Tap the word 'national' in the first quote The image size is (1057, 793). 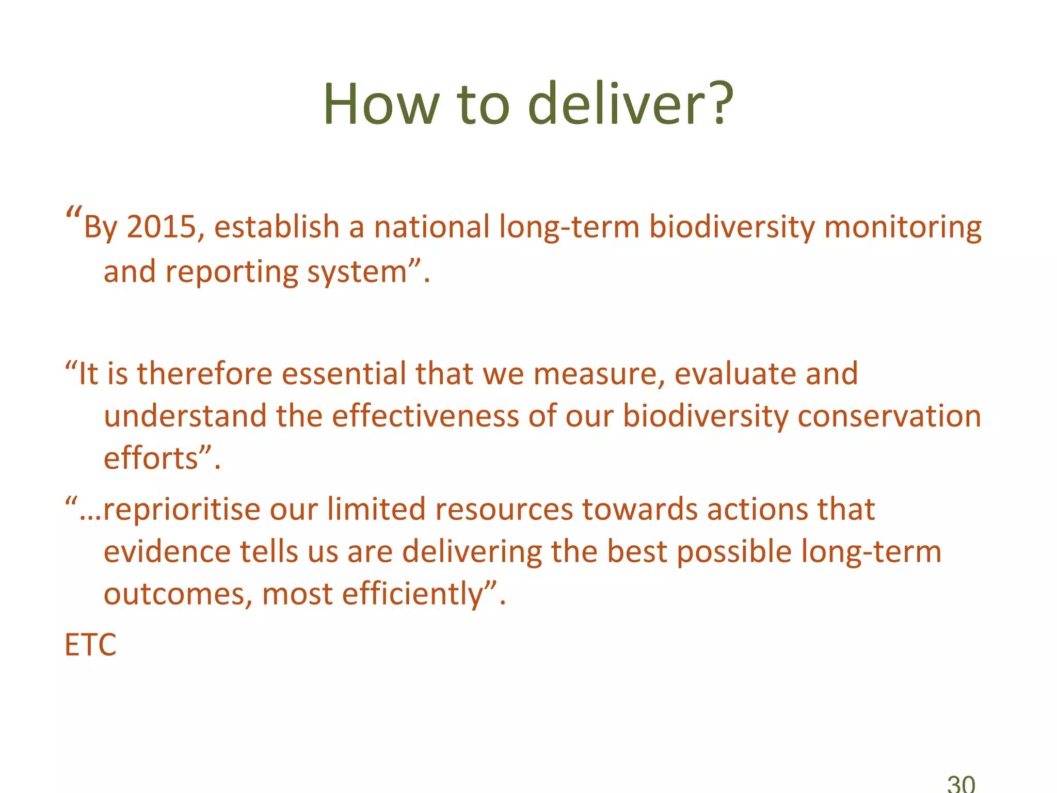pyautogui.click(x=431, y=227)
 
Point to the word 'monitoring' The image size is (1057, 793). pyautogui.click(x=903, y=227)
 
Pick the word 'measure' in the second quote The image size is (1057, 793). pyautogui.click(x=599, y=374)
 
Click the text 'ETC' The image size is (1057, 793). pyautogui.click(x=90, y=645)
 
